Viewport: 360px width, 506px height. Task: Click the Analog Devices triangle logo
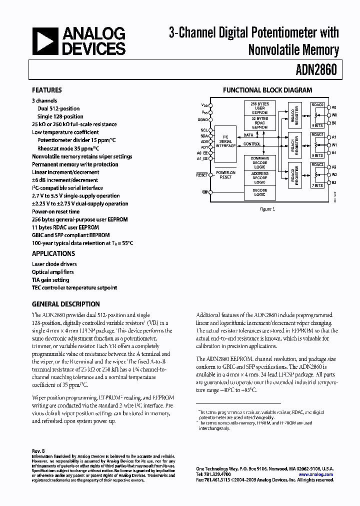point(45,41)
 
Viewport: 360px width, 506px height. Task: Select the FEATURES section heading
point(47,90)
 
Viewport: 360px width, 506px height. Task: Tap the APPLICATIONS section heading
point(53,253)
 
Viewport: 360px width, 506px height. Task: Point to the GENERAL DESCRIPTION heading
point(66,304)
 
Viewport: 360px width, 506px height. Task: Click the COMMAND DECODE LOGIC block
point(260,162)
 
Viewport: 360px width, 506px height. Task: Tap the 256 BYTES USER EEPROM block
point(260,108)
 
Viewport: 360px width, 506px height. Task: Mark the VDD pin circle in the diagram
point(210,105)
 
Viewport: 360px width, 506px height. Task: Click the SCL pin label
point(204,130)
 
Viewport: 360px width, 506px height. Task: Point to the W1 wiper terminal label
point(334,145)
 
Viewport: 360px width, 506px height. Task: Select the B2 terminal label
point(334,183)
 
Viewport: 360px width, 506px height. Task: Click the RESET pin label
point(201,175)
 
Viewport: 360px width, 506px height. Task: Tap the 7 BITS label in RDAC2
point(317,186)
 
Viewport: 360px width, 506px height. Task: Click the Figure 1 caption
point(267,209)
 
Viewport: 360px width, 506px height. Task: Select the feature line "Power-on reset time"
point(56,211)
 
